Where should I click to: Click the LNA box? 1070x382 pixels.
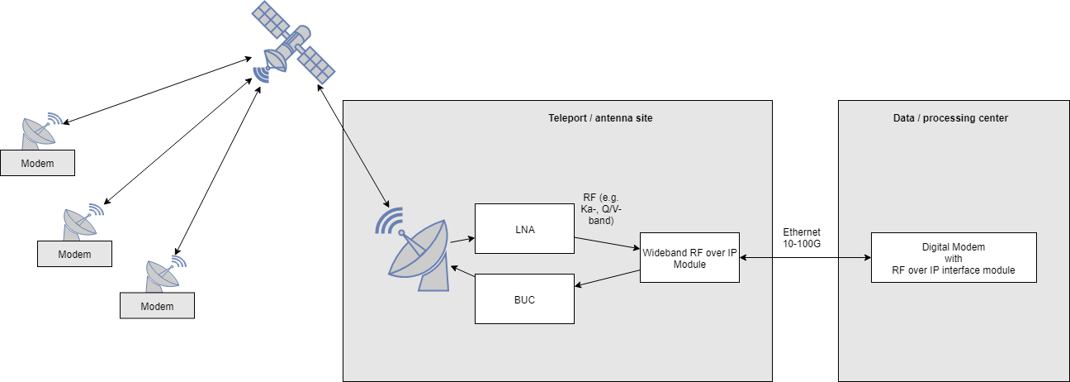(x=524, y=229)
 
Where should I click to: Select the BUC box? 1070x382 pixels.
(x=524, y=299)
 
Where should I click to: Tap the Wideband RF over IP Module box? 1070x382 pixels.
(x=689, y=258)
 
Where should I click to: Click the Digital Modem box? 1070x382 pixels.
(x=953, y=258)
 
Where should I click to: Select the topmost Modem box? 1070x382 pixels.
(x=38, y=163)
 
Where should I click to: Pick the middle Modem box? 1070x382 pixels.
(x=74, y=254)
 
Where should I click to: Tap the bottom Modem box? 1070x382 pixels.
(x=157, y=306)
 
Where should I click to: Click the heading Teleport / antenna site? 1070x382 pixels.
(x=600, y=118)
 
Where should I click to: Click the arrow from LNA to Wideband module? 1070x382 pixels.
(x=607, y=244)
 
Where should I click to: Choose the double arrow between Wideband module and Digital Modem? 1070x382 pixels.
(x=805, y=258)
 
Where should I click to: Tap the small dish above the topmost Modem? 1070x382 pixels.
(x=41, y=131)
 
